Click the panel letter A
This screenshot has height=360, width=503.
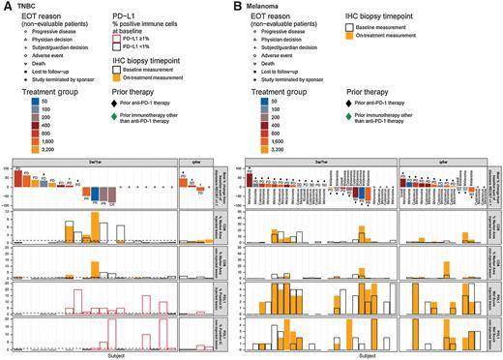(x=6, y=6)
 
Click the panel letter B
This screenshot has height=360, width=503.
(x=255, y=6)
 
